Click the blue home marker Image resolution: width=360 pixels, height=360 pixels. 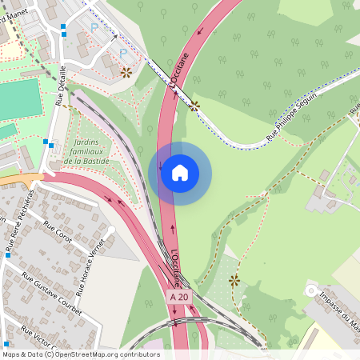180,173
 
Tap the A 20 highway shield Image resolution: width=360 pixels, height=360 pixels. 179,297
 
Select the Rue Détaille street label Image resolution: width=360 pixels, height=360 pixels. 62,86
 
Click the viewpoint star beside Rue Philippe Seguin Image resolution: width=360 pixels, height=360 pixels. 194,105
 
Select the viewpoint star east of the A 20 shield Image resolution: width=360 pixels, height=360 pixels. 234,280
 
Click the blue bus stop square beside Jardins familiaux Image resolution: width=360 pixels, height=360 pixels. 48,144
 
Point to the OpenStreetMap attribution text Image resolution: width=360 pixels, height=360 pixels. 80,354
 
